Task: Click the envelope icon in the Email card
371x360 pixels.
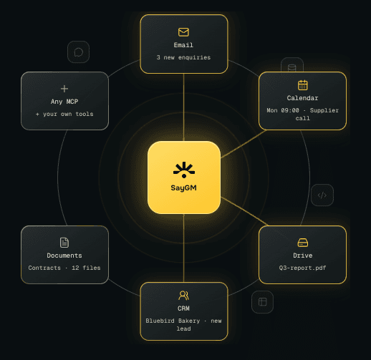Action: pos(183,32)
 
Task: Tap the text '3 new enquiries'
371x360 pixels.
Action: pos(183,57)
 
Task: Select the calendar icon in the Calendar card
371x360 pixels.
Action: pos(303,85)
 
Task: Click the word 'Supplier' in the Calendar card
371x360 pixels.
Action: pos(324,110)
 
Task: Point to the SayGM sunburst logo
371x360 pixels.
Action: pos(184,170)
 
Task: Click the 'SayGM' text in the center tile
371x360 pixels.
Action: pos(183,188)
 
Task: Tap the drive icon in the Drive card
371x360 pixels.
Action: pos(303,243)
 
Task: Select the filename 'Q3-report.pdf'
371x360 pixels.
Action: pos(302,268)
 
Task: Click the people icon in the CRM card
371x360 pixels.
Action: pos(183,296)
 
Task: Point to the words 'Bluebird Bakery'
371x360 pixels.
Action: pos(173,321)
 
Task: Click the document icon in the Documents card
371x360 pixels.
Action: pos(64,243)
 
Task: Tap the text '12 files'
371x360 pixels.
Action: pos(86,268)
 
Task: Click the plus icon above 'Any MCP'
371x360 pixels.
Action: pos(64,89)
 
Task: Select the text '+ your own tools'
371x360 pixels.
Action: pos(64,114)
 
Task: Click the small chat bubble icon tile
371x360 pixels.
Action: pos(78,52)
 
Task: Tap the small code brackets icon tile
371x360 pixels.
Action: pos(322,195)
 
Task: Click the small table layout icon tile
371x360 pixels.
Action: pos(262,302)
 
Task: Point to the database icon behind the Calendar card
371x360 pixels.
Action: pos(292,67)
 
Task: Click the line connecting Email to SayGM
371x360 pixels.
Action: pos(183,107)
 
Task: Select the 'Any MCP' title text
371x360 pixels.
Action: pos(64,102)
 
